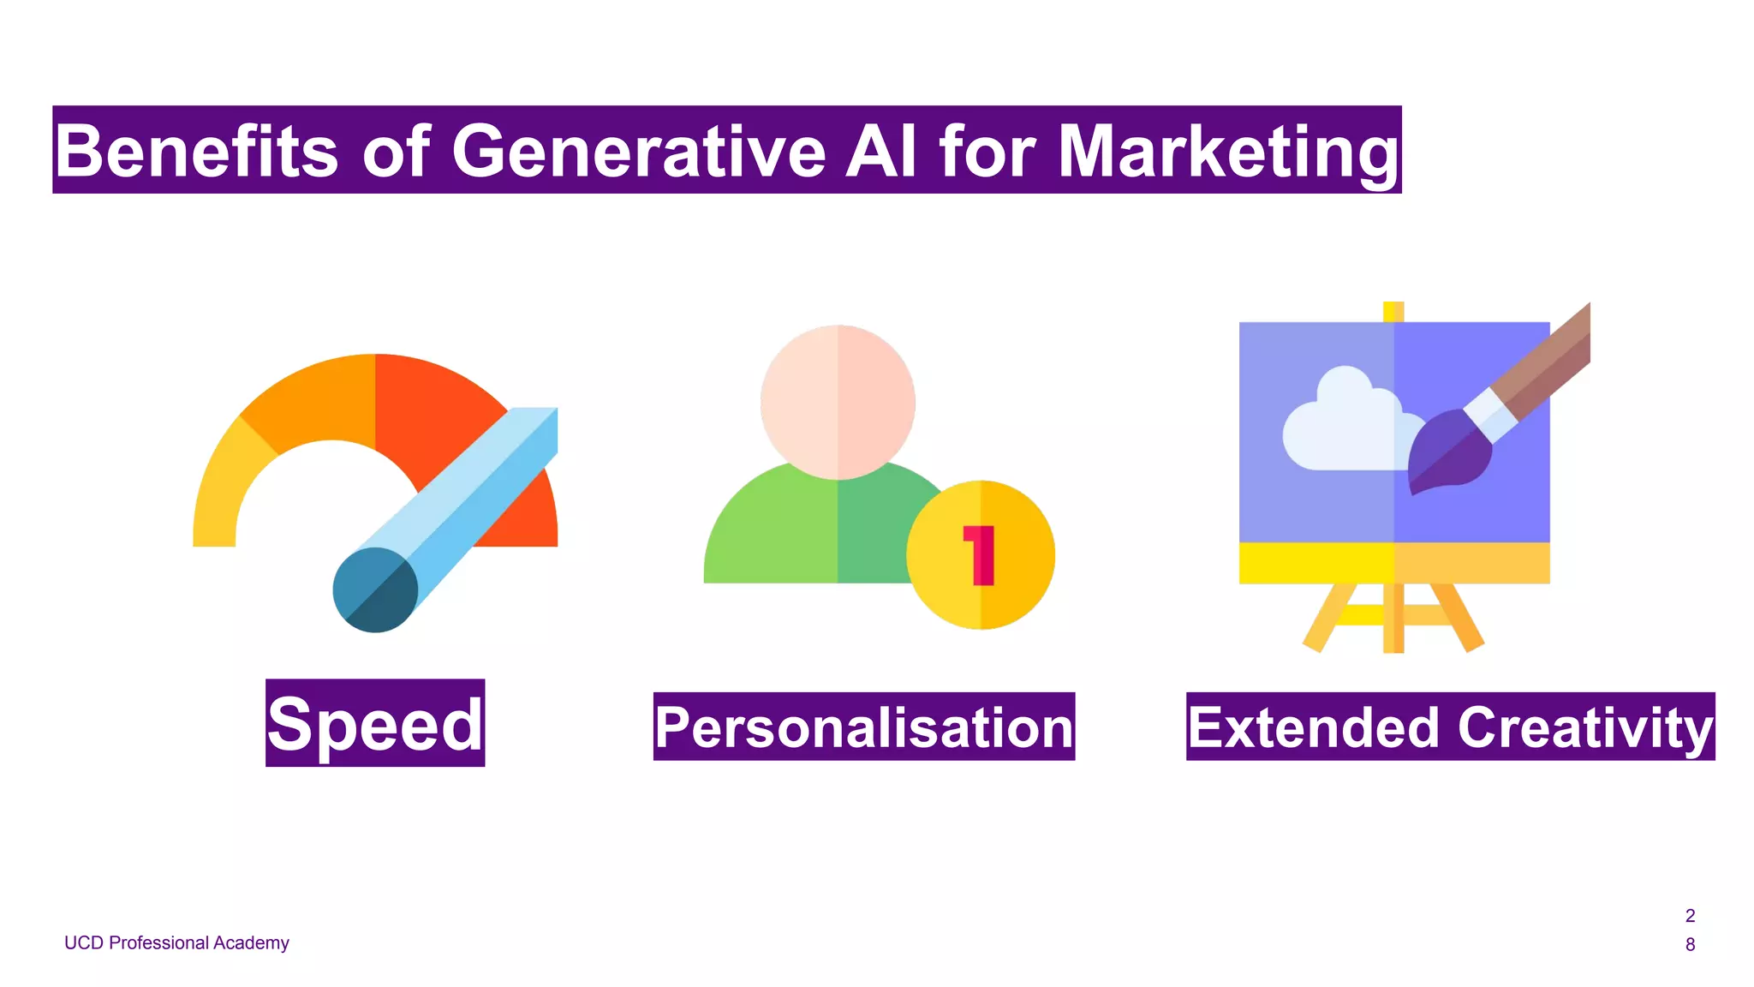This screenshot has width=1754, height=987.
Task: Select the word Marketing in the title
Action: tap(1228, 152)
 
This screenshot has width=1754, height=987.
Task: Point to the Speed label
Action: tap(375, 724)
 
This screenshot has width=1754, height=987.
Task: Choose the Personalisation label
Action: tap(863, 727)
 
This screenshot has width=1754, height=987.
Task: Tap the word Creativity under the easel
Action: tap(1584, 727)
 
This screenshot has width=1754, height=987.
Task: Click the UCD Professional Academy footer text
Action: tap(176, 942)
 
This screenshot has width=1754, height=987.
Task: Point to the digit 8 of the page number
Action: tap(1690, 944)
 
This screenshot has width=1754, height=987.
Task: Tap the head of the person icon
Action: tap(838, 401)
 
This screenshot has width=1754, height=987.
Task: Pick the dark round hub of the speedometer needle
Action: tap(375, 589)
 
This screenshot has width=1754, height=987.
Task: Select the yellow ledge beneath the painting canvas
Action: tap(1394, 563)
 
